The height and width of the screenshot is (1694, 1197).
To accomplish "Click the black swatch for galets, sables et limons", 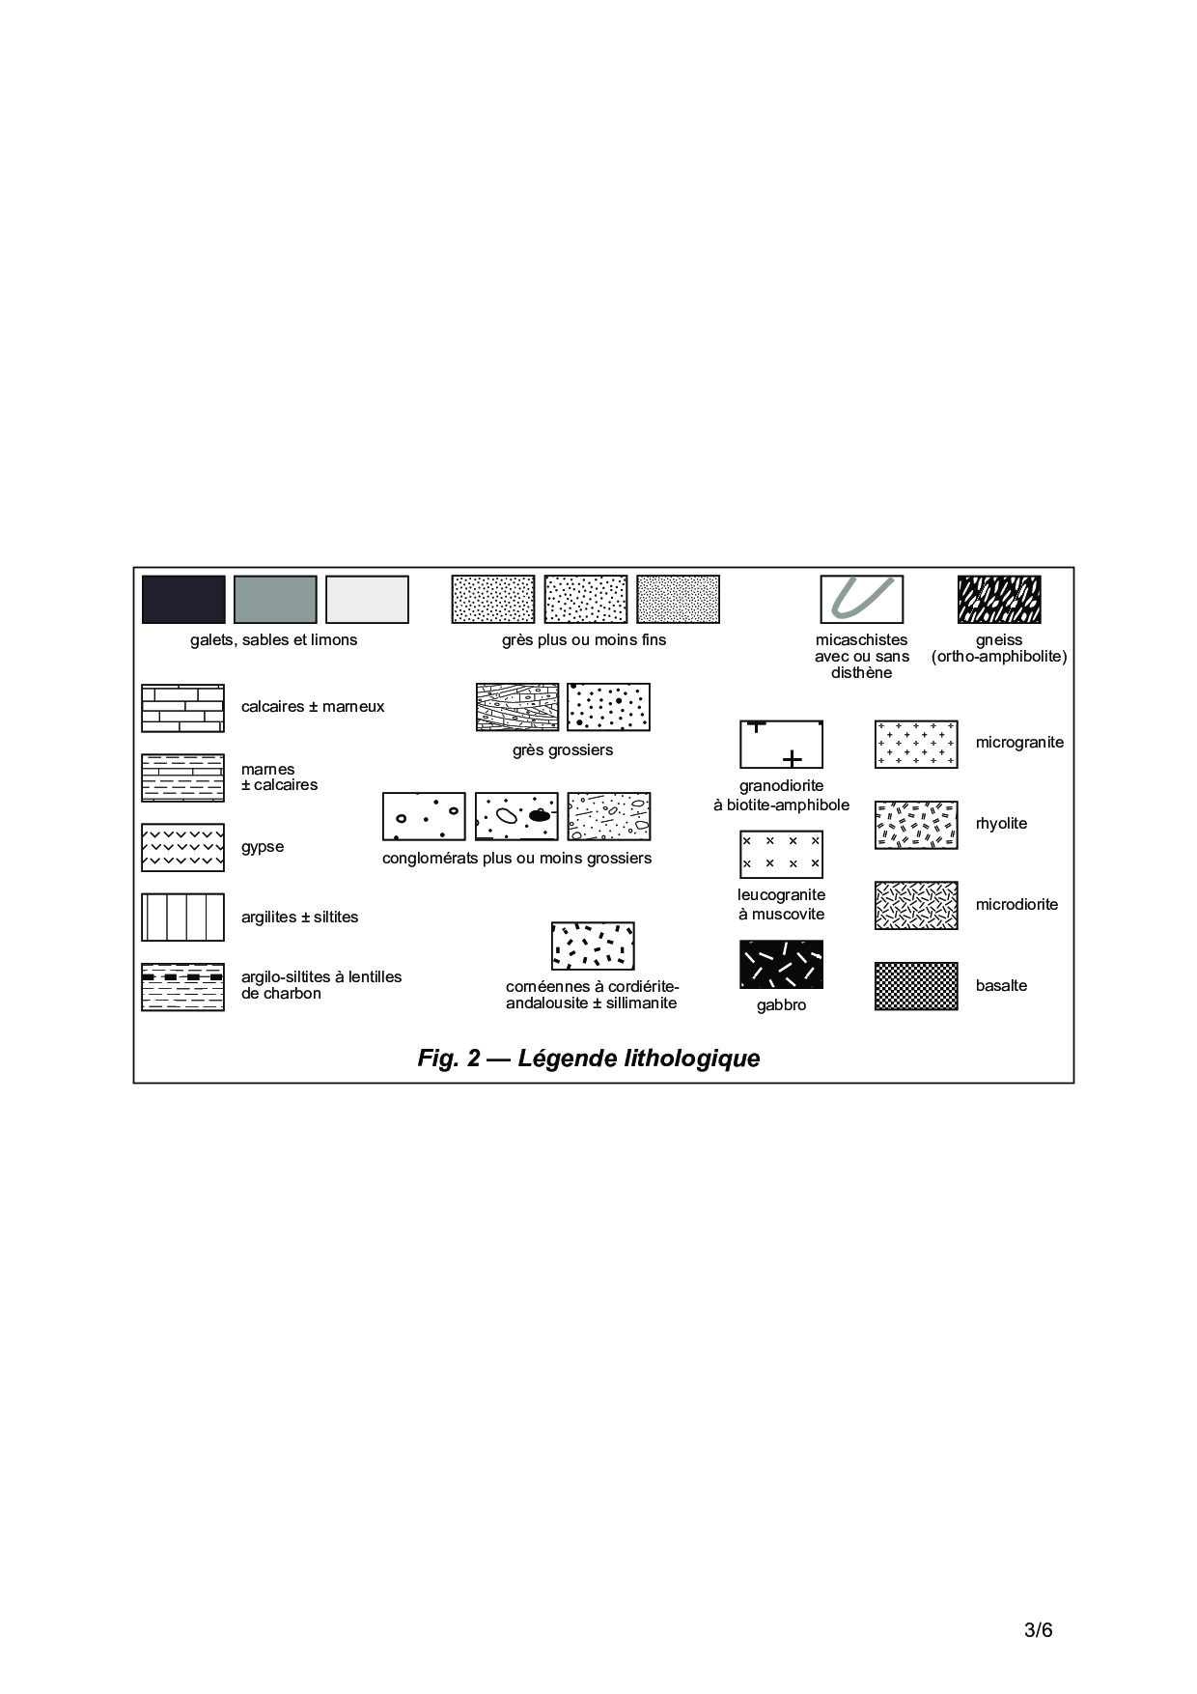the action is click(x=183, y=600).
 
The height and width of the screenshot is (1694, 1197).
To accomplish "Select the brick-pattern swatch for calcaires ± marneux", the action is click(x=182, y=708).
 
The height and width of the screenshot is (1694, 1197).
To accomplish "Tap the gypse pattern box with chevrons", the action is click(x=182, y=848).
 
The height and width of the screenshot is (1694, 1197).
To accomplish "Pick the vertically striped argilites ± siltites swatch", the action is click(x=182, y=918).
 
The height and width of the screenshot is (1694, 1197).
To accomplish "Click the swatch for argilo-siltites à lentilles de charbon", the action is click(x=182, y=987).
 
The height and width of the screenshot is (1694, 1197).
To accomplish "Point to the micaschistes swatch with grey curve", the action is click(x=862, y=600).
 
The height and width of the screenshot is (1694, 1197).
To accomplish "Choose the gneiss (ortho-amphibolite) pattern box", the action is click(x=999, y=600).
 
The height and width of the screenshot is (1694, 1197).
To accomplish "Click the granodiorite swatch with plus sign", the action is click(x=781, y=745).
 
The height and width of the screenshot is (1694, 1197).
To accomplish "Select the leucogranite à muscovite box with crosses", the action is click(x=781, y=854).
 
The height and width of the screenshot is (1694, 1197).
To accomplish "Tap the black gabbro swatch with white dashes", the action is click(x=781, y=964).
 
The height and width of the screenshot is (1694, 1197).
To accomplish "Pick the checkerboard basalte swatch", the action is click(x=916, y=986).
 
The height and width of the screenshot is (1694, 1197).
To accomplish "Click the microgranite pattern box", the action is click(x=916, y=744).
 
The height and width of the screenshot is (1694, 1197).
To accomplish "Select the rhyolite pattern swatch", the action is click(x=916, y=825).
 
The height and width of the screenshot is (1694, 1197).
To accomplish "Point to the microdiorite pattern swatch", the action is click(x=916, y=905).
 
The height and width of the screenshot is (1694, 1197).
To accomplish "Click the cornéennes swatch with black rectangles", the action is click(x=593, y=946).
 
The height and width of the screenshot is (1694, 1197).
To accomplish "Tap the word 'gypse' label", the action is click(x=263, y=847).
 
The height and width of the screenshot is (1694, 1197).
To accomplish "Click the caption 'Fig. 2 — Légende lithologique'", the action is click(x=589, y=1059).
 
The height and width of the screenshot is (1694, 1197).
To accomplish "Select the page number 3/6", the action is click(x=1039, y=1631).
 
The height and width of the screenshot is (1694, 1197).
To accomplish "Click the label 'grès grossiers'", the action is click(x=563, y=749).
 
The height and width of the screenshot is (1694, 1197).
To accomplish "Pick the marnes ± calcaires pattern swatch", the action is click(x=182, y=777).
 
